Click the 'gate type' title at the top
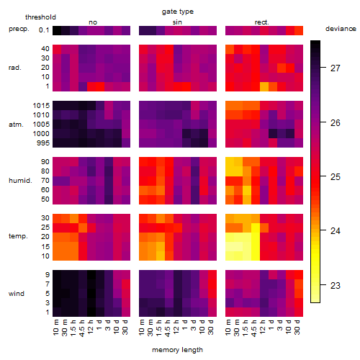click(x=178, y=12)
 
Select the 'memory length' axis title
click(x=177, y=350)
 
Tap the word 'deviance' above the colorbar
click(x=341, y=29)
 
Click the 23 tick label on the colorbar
click(x=335, y=285)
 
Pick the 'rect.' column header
click(x=261, y=22)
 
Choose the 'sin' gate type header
click(x=177, y=22)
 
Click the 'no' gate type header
click(x=93, y=22)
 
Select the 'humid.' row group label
click(x=20, y=181)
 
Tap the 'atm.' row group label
click(x=16, y=125)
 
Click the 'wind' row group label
click(x=17, y=294)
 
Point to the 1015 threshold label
click(x=41, y=106)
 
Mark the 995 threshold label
click(x=43, y=143)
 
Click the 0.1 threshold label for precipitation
click(x=44, y=30)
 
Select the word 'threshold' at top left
click(x=40, y=17)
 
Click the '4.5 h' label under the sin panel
click(x=168, y=328)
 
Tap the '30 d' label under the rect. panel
click(x=297, y=327)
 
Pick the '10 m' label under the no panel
click(x=55, y=328)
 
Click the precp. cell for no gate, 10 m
click(x=57, y=30)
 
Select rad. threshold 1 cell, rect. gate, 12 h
click(x=264, y=86)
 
